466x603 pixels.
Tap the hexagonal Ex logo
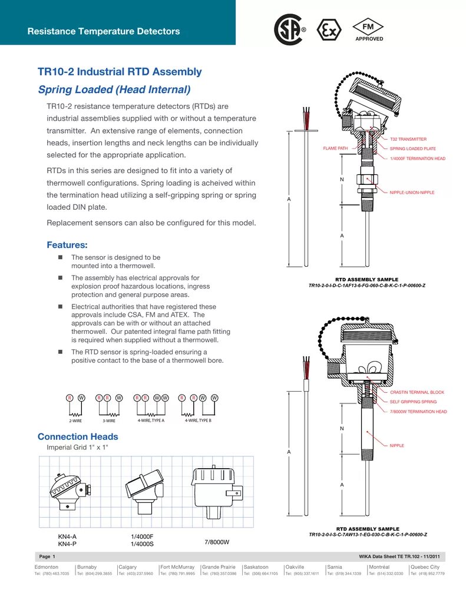[329, 29]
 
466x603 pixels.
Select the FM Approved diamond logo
[369, 29]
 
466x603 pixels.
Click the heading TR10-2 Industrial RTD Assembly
[120, 72]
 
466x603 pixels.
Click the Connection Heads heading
[78, 437]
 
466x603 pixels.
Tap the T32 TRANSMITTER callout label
[408, 140]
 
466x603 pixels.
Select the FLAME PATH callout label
[335, 148]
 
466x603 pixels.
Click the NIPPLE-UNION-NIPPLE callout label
[412, 193]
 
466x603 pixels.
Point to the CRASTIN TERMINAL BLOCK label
[417, 392]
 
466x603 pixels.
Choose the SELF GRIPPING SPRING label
[413, 402]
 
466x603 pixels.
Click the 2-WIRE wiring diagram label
[75, 421]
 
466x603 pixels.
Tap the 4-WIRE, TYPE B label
[198, 420]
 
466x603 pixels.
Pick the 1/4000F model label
[142, 536]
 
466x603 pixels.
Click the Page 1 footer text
[47, 556]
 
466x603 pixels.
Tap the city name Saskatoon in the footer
[256, 567]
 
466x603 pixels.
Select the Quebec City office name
[425, 567]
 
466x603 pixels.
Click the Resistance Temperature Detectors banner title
[104, 31]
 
